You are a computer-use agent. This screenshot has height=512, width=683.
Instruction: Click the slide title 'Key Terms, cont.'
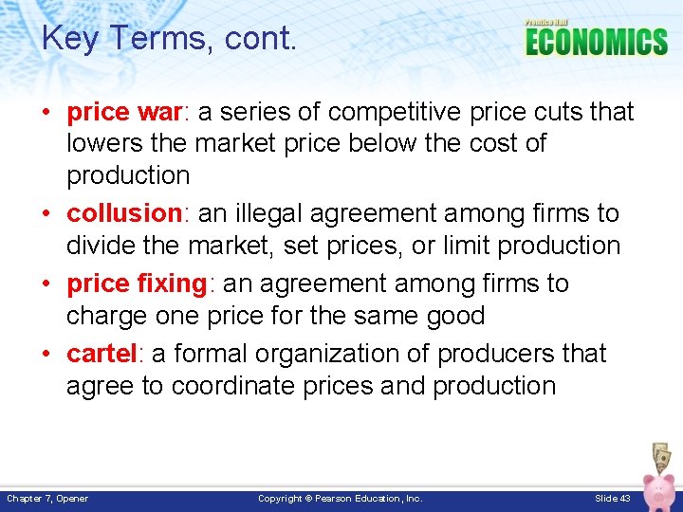pyautogui.click(x=170, y=38)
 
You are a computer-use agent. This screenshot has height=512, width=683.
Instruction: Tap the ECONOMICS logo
pyautogui.click(x=596, y=41)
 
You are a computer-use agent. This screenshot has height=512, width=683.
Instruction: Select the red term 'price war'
pyautogui.click(x=126, y=112)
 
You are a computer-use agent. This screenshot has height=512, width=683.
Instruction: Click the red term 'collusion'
pyautogui.click(x=123, y=213)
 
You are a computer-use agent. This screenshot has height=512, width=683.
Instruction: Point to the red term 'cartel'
pyautogui.click(x=102, y=354)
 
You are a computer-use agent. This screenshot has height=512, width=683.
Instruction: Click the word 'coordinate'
pyautogui.click(x=228, y=386)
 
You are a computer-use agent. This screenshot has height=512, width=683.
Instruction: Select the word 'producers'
pyautogui.click(x=484, y=354)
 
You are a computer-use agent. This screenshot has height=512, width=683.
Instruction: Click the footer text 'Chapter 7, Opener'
pyautogui.click(x=47, y=498)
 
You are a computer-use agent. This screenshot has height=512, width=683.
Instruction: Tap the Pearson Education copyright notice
pyautogui.click(x=340, y=498)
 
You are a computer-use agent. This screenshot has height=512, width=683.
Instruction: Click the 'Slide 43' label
pyautogui.click(x=612, y=498)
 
